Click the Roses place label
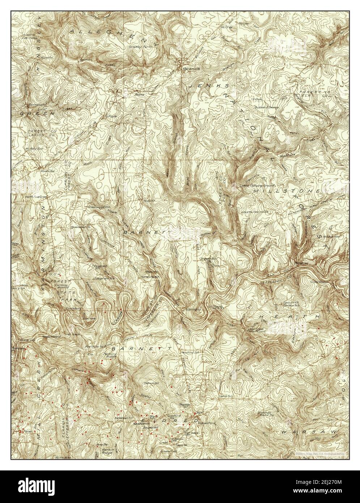pyautogui.click(x=139, y=94)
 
